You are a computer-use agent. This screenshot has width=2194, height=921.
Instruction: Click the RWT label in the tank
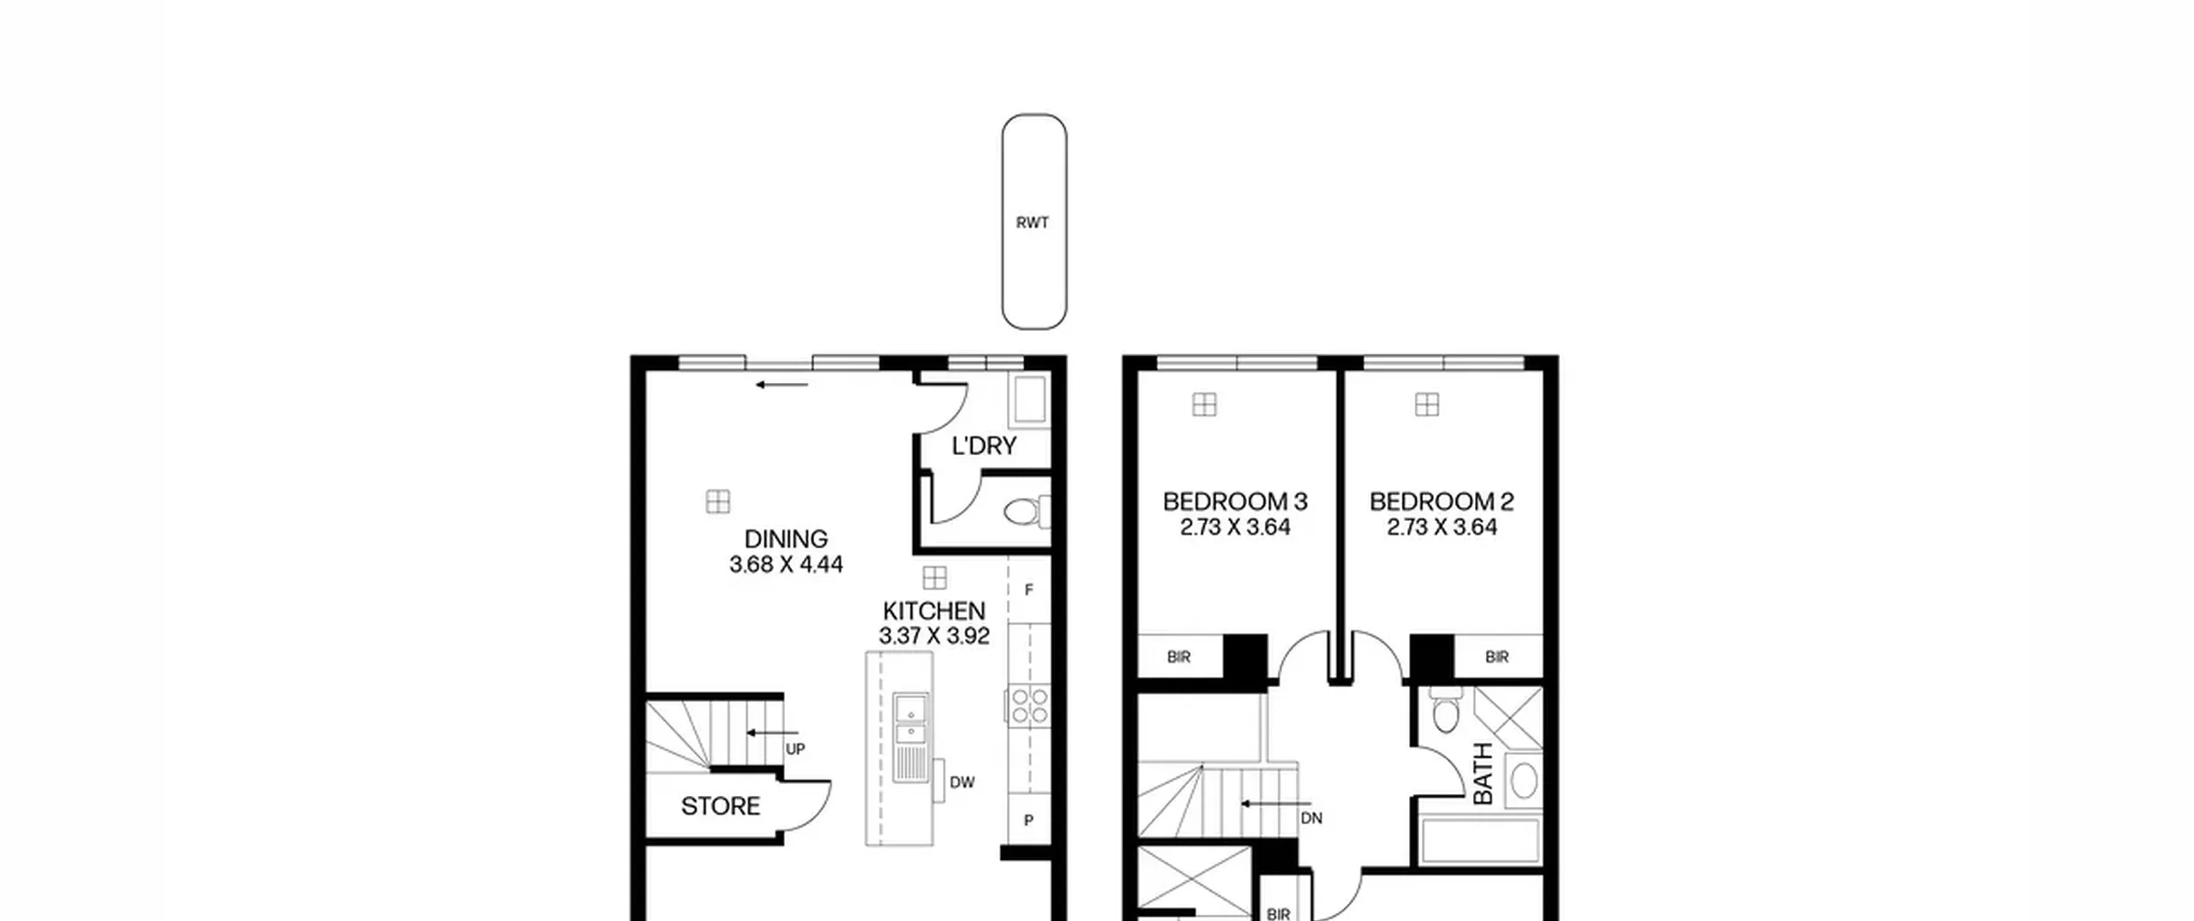coord(1032,223)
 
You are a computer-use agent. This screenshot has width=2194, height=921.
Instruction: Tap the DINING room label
coord(786,539)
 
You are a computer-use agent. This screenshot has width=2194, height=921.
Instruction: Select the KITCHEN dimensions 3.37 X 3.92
coord(934,636)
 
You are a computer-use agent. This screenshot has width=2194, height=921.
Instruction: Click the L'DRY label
coord(984,446)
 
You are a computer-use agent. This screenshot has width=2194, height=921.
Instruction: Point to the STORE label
coord(721,806)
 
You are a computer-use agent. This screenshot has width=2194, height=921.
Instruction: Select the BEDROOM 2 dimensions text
coord(1442,527)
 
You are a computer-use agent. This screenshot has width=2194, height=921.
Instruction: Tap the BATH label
coord(1483,774)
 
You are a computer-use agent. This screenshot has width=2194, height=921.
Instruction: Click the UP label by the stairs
coord(795,750)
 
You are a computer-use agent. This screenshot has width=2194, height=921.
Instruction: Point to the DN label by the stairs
coord(1311,818)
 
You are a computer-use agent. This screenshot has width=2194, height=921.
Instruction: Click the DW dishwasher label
coord(962,782)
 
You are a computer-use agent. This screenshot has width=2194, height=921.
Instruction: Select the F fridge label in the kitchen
coord(1029,590)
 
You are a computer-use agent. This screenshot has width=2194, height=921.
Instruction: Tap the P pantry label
coord(1028,820)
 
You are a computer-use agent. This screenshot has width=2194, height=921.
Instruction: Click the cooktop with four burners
coord(1028,705)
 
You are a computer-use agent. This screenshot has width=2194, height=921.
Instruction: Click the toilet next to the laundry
coord(1027,512)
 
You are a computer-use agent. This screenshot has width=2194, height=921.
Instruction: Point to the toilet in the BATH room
coord(1445,710)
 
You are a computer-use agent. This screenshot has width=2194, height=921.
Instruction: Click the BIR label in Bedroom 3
coord(1178,657)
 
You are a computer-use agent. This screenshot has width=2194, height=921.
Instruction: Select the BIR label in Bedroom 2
coord(1497,657)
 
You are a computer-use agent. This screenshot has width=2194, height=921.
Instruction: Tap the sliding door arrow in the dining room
coord(782,385)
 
